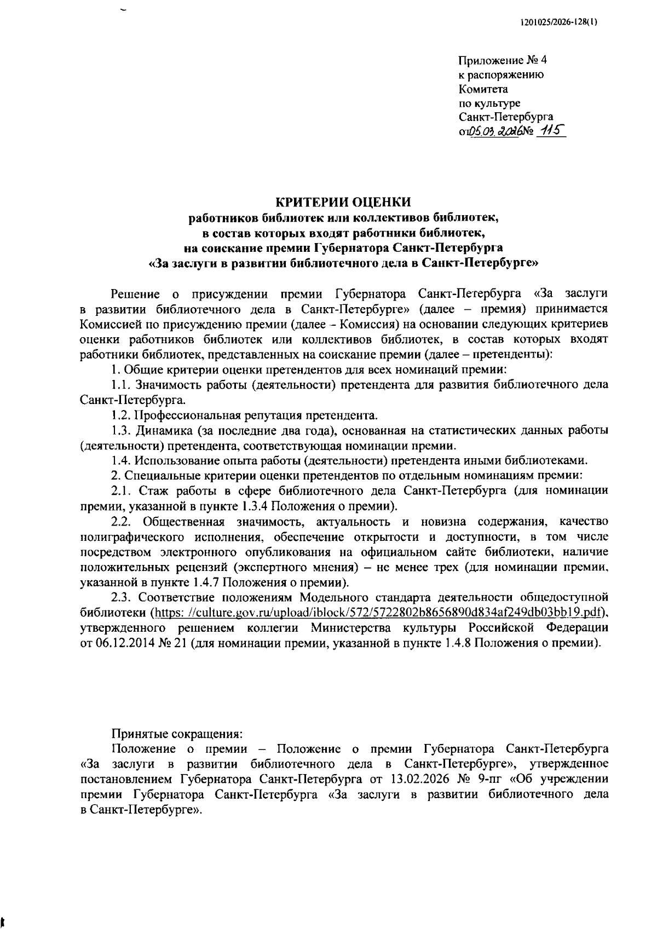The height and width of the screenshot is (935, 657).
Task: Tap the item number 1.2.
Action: pos(119,415)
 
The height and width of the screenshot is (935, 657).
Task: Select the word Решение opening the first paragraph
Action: pos(135,294)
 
